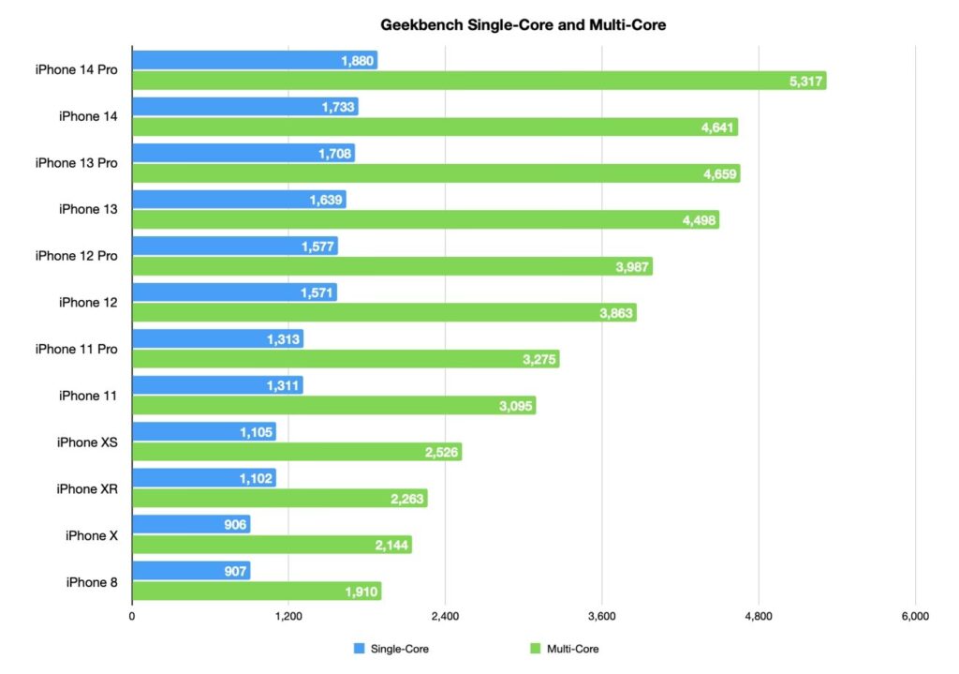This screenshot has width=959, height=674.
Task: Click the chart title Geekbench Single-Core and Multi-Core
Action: click(x=523, y=25)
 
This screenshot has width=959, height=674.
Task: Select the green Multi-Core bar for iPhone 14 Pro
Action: click(x=479, y=82)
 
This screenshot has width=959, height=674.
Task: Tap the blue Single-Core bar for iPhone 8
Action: click(x=191, y=570)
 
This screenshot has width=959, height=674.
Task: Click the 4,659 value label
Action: click(x=719, y=173)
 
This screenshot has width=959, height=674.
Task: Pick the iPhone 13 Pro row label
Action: click(x=76, y=163)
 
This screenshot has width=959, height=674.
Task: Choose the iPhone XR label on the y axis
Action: click(x=86, y=488)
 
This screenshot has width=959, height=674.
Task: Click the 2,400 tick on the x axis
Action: click(x=445, y=616)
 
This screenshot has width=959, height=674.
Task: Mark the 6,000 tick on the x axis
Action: click(x=914, y=616)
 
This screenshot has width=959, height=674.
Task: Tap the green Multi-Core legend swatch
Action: click(x=537, y=648)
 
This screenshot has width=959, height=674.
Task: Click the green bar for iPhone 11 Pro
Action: click(x=346, y=360)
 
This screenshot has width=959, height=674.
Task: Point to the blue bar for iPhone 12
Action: click(x=234, y=292)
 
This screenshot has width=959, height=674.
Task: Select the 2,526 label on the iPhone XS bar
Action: click(x=441, y=453)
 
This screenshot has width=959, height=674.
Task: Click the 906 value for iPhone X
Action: click(x=234, y=524)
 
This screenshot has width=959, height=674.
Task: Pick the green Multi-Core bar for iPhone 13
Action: click(x=425, y=220)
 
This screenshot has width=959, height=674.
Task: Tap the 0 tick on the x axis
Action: click(x=132, y=616)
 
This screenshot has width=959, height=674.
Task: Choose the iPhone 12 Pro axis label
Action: click(x=76, y=256)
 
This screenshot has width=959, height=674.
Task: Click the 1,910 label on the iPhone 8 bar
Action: click(x=361, y=592)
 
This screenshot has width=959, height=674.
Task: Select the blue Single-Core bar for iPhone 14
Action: click(x=244, y=107)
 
